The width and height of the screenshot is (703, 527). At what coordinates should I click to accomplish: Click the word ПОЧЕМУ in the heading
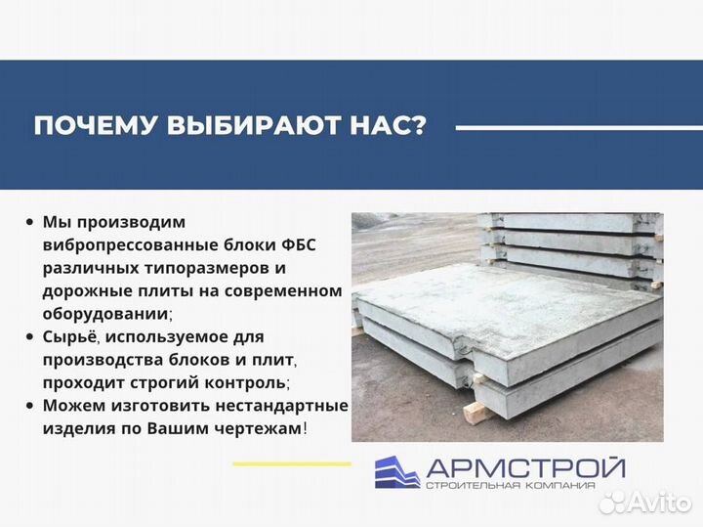pos(93,128)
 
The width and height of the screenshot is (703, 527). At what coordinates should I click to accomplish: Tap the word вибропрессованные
pos(116,244)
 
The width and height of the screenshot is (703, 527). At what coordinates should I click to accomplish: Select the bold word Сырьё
pos(70,337)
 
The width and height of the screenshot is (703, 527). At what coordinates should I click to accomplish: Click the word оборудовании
pos(104,314)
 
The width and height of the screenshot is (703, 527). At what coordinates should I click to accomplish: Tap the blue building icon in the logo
pos(394,472)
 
